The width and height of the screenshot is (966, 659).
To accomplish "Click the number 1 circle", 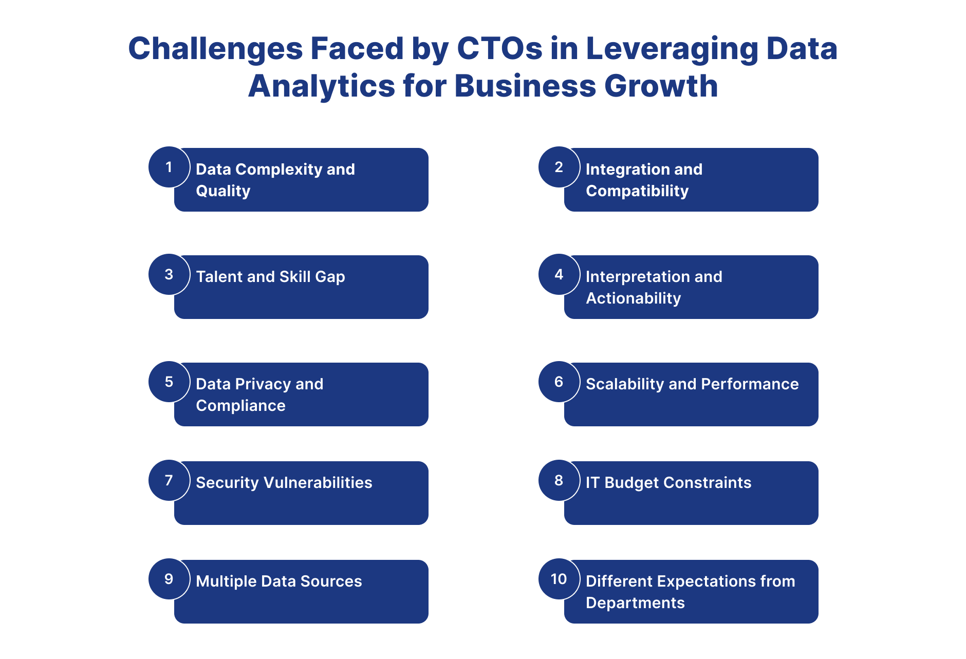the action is [169, 167].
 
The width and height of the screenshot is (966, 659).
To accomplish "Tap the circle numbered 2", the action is [559, 167].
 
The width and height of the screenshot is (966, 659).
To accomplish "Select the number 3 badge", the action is [169, 274].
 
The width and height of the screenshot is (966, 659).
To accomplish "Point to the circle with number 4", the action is [559, 274].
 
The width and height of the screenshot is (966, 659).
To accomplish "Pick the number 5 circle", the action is [169, 382].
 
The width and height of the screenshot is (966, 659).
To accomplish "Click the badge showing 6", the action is [559, 382].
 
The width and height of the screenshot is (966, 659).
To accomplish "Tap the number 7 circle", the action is [169, 480].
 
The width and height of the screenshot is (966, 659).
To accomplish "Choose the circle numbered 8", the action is [559, 480].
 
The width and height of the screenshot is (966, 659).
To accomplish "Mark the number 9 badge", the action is [169, 579].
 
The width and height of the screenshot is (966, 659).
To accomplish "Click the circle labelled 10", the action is [559, 579].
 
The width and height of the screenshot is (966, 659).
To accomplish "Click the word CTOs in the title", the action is [499, 48].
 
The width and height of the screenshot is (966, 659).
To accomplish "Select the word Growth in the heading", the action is [661, 85].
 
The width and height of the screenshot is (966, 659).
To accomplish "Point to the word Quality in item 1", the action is [223, 191].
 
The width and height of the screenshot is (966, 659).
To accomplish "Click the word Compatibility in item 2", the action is [637, 191].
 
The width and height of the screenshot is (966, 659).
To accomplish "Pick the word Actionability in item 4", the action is [634, 298].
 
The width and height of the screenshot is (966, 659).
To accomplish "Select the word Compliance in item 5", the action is [240, 406].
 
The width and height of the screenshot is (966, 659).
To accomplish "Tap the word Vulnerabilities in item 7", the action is [318, 482].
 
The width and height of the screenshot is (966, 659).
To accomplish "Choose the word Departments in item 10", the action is [635, 603].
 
